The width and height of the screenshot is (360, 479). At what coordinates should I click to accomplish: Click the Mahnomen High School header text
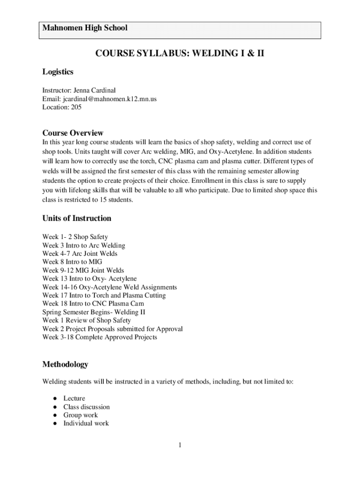[85, 28]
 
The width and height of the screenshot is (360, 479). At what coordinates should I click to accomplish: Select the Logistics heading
[58, 72]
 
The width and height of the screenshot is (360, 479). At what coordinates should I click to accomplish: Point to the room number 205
[76, 107]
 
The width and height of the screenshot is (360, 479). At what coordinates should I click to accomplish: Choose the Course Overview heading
[73, 133]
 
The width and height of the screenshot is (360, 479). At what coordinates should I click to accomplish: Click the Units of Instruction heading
[77, 218]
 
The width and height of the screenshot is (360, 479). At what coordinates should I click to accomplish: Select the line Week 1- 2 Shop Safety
[75, 237]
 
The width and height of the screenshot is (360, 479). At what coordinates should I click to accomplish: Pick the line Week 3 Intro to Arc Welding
[84, 246]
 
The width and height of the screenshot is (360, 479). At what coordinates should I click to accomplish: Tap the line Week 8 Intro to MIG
[72, 262]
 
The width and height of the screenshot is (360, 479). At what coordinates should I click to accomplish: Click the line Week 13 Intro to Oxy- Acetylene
[89, 279]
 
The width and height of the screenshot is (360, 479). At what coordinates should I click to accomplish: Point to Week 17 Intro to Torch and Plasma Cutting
[104, 296]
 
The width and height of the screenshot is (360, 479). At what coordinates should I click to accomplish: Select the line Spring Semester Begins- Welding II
[94, 312]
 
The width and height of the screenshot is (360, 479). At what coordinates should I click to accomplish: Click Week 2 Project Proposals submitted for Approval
[112, 329]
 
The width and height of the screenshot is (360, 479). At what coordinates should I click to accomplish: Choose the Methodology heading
[65, 364]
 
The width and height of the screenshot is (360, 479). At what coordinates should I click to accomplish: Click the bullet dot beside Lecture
[55, 399]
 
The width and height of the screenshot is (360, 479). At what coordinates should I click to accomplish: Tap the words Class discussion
[86, 407]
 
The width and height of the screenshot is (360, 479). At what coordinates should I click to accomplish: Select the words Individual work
[86, 423]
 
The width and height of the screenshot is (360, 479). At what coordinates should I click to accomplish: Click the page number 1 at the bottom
[180, 445]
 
